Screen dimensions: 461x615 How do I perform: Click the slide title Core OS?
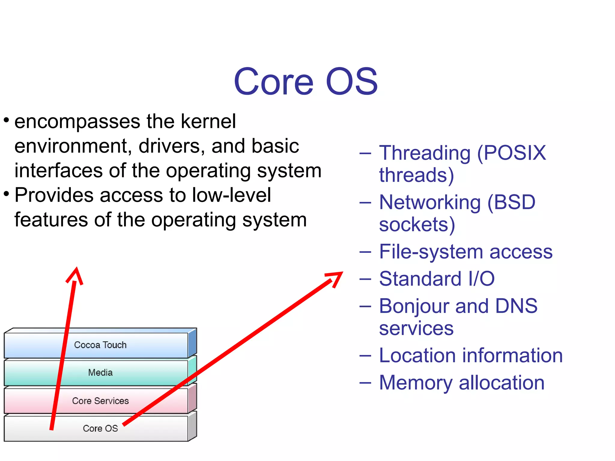point(305,82)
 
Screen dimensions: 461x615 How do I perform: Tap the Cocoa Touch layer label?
point(100,345)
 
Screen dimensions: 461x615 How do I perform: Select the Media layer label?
point(100,372)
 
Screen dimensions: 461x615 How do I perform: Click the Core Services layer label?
point(100,401)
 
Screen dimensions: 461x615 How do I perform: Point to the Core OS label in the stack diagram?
point(100,428)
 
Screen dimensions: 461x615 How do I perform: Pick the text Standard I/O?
point(437,279)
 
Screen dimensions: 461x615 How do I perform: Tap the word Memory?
point(416,383)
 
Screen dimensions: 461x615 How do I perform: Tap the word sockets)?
point(417,224)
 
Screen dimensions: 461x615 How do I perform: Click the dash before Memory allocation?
point(365,383)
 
